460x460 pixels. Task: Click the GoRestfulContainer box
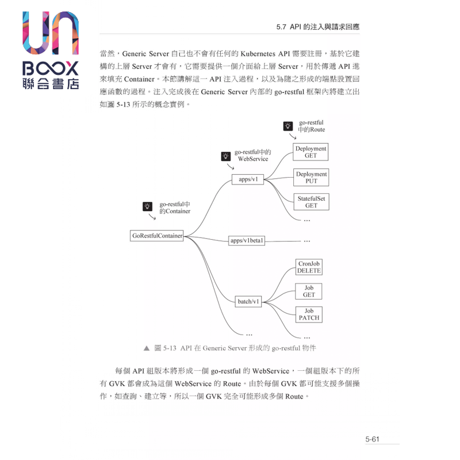(x=158, y=236)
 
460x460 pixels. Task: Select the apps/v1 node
(x=248, y=179)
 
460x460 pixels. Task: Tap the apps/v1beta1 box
(x=247, y=240)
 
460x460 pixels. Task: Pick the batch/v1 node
(x=249, y=301)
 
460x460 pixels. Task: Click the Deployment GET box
(x=310, y=152)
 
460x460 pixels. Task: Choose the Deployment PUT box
(x=311, y=177)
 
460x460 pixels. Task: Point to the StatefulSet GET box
(x=311, y=202)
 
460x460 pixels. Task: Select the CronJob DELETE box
(x=309, y=267)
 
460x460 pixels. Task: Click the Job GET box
(x=309, y=291)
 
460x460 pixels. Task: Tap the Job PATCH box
(x=309, y=314)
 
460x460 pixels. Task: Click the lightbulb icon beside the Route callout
(x=289, y=126)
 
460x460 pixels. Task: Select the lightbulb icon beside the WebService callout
(x=225, y=155)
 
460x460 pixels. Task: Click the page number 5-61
(x=373, y=439)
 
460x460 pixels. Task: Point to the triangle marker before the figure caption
(x=147, y=348)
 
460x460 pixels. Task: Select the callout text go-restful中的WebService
(x=253, y=155)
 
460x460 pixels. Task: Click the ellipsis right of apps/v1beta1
(x=306, y=241)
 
